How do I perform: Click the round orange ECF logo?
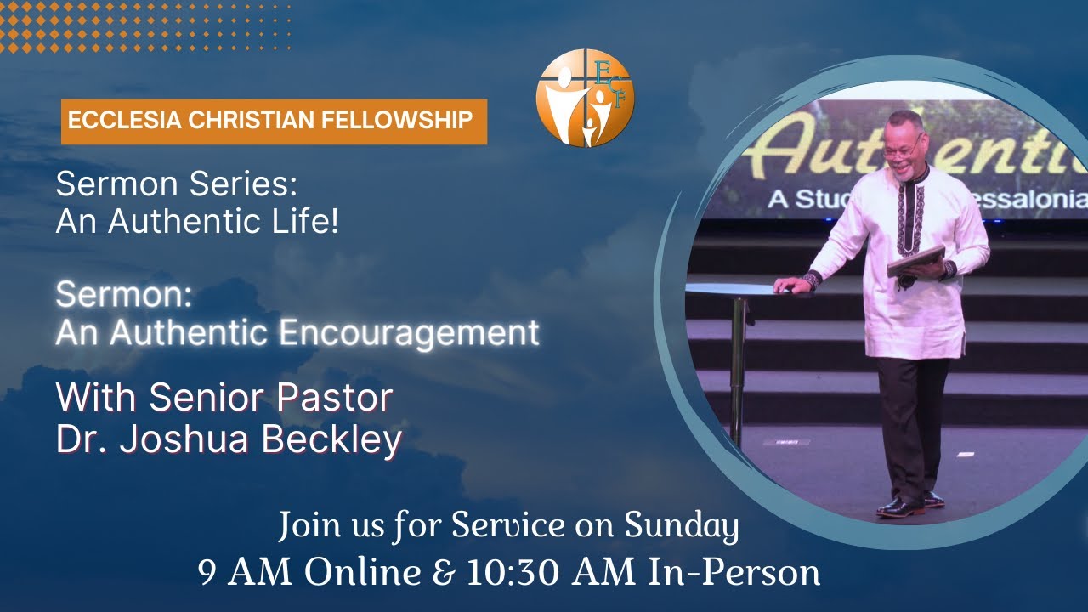(x=585, y=98)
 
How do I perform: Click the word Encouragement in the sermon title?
(x=409, y=332)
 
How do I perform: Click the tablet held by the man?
(x=916, y=260)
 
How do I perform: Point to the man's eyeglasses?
(x=900, y=150)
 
